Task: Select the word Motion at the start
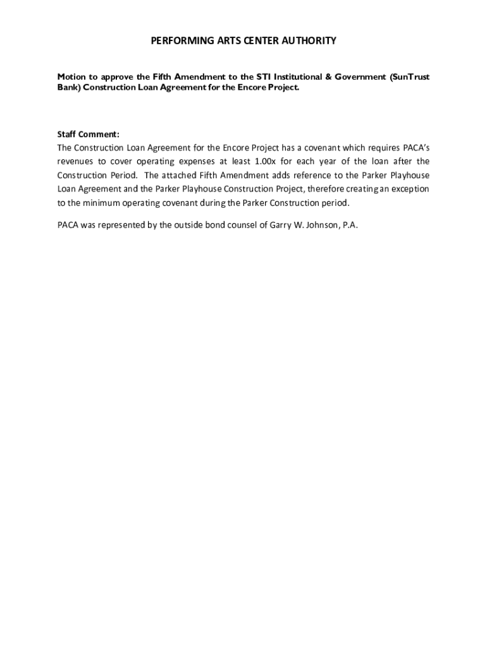pyautogui.click(x=71, y=77)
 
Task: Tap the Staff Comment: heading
pyautogui.click(x=88, y=134)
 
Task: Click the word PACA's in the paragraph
pyautogui.click(x=416, y=148)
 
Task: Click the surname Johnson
pyautogui.click(x=323, y=225)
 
